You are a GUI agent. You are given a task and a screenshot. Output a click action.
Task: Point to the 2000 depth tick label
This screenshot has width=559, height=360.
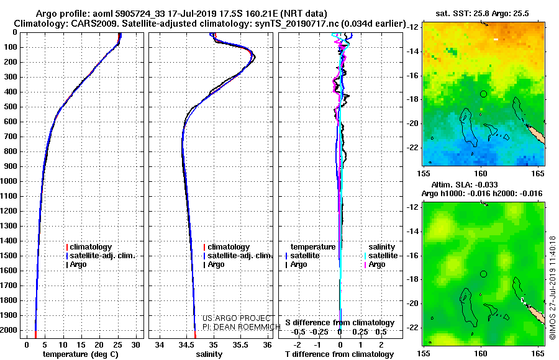(x=9, y=330)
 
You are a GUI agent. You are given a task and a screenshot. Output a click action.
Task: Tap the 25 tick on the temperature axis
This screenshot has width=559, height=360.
(x=117, y=344)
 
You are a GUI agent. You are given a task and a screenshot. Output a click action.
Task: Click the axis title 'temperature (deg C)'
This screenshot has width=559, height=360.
(x=81, y=354)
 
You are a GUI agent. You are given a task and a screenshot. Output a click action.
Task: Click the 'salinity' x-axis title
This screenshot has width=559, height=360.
(x=209, y=354)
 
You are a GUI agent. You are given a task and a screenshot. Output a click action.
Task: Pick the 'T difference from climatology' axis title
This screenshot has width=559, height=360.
(x=339, y=354)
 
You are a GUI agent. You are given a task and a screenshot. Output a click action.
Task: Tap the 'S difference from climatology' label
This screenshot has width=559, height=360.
(x=340, y=323)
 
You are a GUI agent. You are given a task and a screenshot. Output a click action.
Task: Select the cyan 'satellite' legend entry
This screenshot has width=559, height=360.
(x=381, y=256)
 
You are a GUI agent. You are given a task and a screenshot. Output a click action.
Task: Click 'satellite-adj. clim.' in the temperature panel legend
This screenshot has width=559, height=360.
(x=101, y=256)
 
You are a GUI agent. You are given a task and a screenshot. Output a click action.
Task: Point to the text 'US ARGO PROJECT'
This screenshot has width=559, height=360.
(x=237, y=318)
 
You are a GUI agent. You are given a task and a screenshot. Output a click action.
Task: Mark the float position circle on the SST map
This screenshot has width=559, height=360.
(x=483, y=94)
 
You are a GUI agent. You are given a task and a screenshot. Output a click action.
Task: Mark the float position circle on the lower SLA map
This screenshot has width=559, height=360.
(x=483, y=274)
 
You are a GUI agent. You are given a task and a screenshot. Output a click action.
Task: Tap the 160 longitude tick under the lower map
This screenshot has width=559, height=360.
(x=481, y=354)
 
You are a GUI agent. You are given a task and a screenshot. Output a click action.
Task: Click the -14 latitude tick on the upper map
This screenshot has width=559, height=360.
(x=413, y=52)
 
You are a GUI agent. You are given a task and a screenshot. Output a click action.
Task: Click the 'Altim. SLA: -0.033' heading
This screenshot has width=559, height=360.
(x=465, y=185)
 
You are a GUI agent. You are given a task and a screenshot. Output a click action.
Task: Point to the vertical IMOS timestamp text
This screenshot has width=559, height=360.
(x=553, y=287)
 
